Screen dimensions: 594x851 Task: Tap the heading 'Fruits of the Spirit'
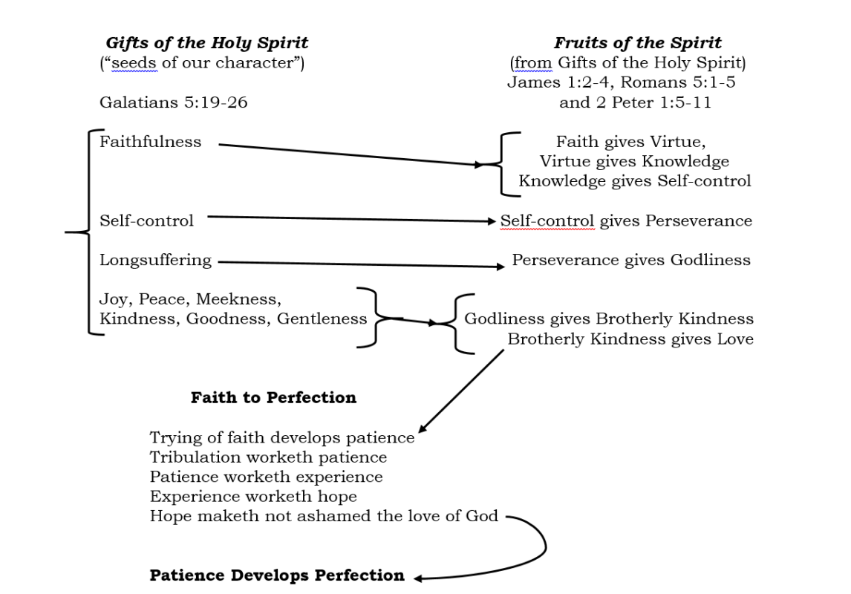[637, 43]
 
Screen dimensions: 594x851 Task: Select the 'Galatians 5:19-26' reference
[174, 102]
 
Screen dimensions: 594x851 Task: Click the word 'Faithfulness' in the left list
[150, 142]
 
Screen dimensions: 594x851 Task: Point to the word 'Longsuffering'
[155, 260]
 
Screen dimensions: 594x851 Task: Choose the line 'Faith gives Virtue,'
[630, 142]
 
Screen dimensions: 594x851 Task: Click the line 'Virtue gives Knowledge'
[634, 161]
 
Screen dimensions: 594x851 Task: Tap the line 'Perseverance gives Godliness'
[631, 260]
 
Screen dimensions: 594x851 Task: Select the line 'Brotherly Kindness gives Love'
[630, 339]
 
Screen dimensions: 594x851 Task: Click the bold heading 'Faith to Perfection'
[273, 397]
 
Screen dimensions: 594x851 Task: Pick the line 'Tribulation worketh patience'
[268, 457]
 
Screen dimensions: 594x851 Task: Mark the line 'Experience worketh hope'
[253, 496]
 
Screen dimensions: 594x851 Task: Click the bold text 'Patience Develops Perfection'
[277, 575]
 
